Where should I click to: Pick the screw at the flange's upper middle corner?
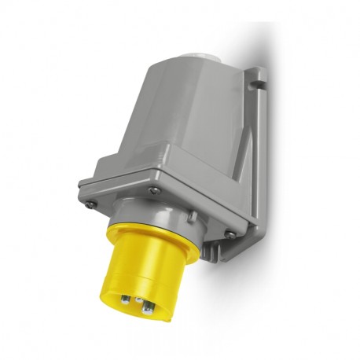(x=155, y=189)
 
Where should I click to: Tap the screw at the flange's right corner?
(x=230, y=233)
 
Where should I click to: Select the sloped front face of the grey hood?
(x=157, y=118)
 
